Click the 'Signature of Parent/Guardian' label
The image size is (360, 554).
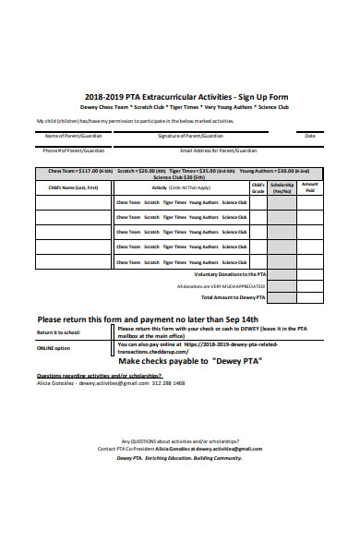click(x=190, y=135)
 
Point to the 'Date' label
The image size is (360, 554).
click(x=309, y=135)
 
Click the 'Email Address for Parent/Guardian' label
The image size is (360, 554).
click(x=219, y=150)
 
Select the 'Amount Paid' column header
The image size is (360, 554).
click(x=310, y=186)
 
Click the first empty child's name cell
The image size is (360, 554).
click(x=74, y=202)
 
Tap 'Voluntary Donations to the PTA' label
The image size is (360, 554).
click(x=230, y=274)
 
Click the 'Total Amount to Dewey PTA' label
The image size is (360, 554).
click(x=234, y=297)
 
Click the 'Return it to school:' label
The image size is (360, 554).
click(x=58, y=331)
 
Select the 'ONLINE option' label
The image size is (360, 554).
click(x=53, y=348)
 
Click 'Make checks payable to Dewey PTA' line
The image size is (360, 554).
click(x=190, y=361)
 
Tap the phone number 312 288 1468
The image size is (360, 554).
click(x=166, y=383)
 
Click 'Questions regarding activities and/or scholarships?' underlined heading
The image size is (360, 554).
click(x=92, y=376)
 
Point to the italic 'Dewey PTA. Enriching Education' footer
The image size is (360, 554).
click(x=179, y=457)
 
